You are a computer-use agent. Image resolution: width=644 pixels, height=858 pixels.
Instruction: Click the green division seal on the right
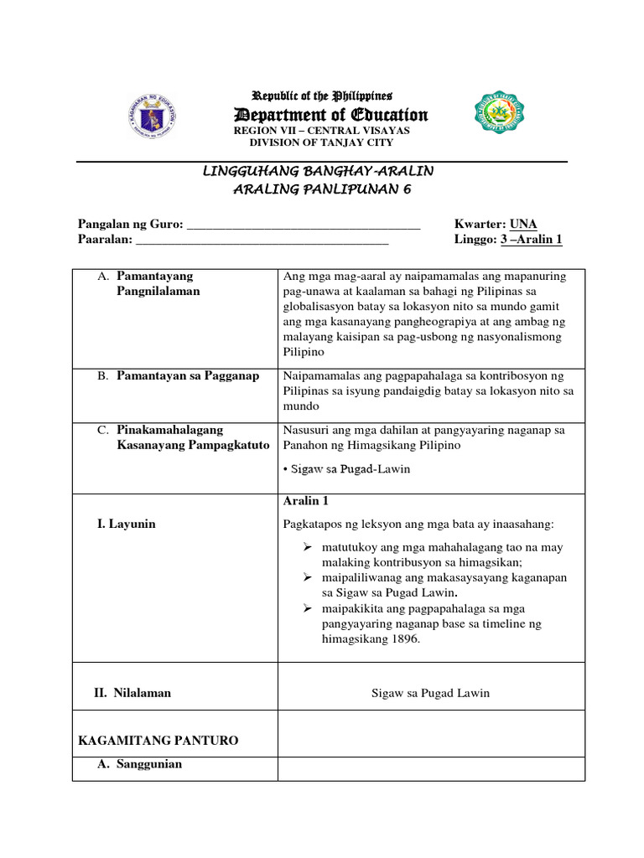(501, 113)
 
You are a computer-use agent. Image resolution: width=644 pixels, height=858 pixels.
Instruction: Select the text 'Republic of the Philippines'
(322, 96)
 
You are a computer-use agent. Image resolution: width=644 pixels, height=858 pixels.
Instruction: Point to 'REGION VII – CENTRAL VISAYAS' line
(321, 131)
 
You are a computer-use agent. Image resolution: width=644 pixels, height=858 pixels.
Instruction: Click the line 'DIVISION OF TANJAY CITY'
(321, 142)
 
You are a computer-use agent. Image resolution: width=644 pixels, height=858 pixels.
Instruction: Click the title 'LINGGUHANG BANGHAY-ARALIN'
(319, 171)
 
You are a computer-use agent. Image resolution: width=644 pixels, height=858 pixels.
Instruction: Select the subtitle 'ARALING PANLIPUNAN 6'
(322, 189)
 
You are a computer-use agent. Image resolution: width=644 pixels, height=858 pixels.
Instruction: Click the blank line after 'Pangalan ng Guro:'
(303, 225)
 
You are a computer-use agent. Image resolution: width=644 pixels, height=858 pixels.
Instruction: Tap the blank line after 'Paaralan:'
(262, 240)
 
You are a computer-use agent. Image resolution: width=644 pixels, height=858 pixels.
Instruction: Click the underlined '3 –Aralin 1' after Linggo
(531, 240)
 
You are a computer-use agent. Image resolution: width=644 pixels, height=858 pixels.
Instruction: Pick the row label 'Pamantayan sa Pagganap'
(188, 376)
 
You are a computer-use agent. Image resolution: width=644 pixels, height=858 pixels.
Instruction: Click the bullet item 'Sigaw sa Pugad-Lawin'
(346, 469)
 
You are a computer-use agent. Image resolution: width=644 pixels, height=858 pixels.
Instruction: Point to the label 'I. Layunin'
(127, 524)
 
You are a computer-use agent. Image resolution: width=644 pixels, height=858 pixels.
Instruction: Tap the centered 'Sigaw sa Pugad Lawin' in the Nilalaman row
(430, 693)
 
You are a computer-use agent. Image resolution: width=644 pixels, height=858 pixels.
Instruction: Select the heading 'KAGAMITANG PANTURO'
(158, 741)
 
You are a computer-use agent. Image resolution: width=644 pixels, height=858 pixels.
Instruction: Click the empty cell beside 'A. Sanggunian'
(430, 768)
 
